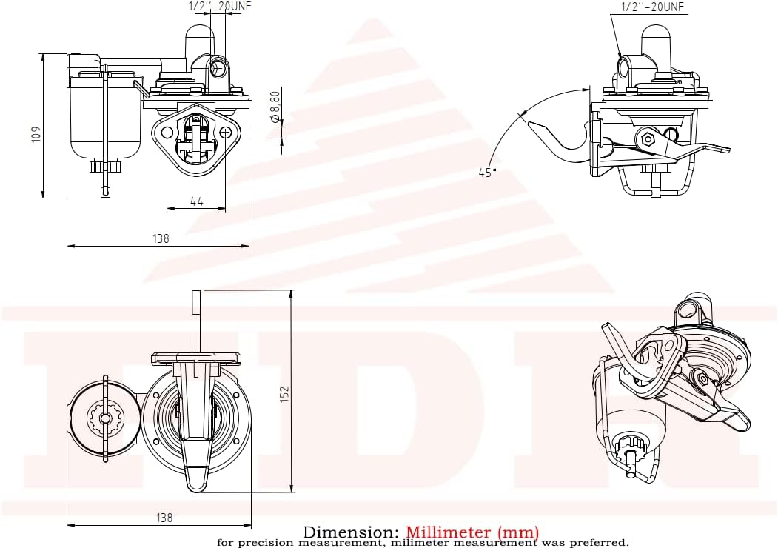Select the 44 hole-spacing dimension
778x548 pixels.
pos(196,201)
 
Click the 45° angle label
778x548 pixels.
pos(486,172)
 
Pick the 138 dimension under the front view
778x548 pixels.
pos(161,238)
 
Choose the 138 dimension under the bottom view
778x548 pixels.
pos(164,518)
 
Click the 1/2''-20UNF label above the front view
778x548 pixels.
pos(215,6)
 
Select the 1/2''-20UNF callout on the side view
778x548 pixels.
pos(652,7)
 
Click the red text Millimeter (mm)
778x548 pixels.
pos(472,532)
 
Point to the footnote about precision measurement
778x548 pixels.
pos(423,543)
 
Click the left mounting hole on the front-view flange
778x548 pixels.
pos(167,133)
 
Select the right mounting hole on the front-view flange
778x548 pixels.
pos(227,133)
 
